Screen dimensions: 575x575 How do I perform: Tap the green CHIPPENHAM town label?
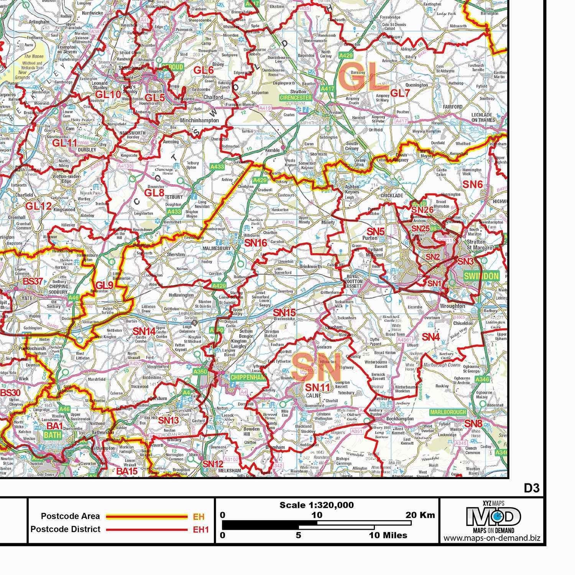[248, 378]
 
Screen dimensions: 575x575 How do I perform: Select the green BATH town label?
[53, 435]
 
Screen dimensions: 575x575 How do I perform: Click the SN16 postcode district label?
[256, 243]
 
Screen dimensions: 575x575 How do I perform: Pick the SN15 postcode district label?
[284, 312]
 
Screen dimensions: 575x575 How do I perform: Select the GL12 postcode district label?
[38, 206]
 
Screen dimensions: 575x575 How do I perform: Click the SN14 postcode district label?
[144, 331]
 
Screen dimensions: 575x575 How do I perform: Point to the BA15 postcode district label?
[127, 471]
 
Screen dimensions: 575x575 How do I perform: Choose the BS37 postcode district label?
[33, 281]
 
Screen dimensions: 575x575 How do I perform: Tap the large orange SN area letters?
[316, 367]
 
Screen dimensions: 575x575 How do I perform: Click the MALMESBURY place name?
[218, 248]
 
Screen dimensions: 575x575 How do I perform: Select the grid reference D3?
[532, 488]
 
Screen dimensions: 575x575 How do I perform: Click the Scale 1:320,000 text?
[316, 505]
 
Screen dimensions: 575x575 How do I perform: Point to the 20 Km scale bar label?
[420, 515]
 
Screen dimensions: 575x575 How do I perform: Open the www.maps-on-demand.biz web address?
[492, 538]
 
